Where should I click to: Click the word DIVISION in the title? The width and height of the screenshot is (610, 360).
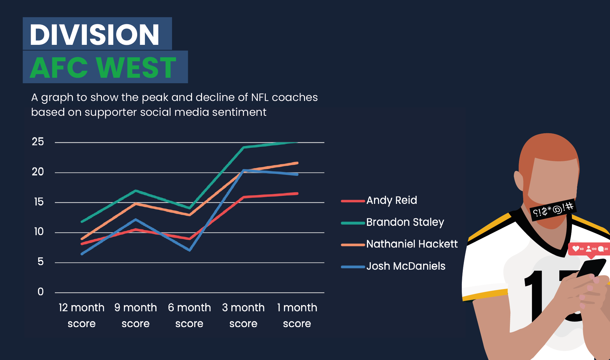click(x=95, y=35)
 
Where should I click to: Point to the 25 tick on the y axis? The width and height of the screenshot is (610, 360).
click(x=38, y=142)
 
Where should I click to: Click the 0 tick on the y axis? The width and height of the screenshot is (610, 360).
click(x=40, y=292)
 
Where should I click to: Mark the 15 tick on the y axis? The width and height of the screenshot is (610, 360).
click(x=38, y=202)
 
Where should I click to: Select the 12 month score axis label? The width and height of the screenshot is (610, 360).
click(x=81, y=315)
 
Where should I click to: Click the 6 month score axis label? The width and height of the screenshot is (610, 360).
click(x=189, y=315)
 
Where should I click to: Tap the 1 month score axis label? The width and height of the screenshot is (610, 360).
click(x=297, y=315)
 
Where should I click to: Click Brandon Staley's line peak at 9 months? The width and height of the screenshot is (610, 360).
click(x=136, y=191)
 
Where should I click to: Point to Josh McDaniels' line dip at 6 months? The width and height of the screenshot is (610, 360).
click(x=189, y=250)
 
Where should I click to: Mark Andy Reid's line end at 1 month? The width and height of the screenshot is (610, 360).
click(x=297, y=194)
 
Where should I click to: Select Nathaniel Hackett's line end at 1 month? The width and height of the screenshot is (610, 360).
click(x=297, y=163)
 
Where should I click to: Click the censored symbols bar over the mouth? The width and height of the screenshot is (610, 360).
click(x=553, y=210)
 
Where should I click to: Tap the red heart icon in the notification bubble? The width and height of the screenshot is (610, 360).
click(x=575, y=249)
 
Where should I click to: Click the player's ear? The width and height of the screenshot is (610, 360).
click(x=519, y=181)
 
